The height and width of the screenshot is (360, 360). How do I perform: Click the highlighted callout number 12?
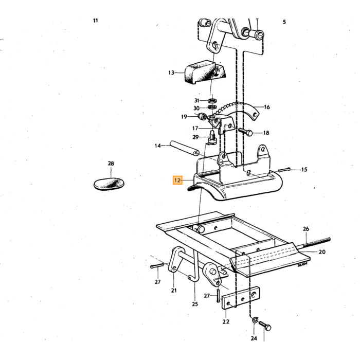pos(177,180)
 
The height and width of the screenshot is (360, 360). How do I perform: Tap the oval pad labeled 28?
pos(109,184)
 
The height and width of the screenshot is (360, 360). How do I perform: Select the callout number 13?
pos(171,73)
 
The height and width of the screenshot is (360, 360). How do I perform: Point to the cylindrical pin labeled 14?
pos(184,149)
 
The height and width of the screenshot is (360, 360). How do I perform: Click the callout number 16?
pos(267,107)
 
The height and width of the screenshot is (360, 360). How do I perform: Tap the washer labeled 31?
pos(212,100)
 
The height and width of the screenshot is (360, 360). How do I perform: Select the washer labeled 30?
pos(212,107)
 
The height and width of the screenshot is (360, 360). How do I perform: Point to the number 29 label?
pos(195,137)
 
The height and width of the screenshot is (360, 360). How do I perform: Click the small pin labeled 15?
pos(284,170)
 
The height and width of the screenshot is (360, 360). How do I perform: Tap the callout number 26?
pos(306,229)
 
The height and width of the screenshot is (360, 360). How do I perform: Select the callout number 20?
pos(322,252)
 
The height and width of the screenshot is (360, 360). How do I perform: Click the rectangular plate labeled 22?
pos(241,298)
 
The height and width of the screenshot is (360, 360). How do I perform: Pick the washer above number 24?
pos(255,319)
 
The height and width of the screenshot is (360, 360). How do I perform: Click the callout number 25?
pos(195,304)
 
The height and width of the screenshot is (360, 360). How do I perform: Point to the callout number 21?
pos(174,291)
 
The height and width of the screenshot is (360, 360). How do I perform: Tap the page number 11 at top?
pos(96,21)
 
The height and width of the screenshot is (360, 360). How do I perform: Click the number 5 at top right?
pos(284,22)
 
